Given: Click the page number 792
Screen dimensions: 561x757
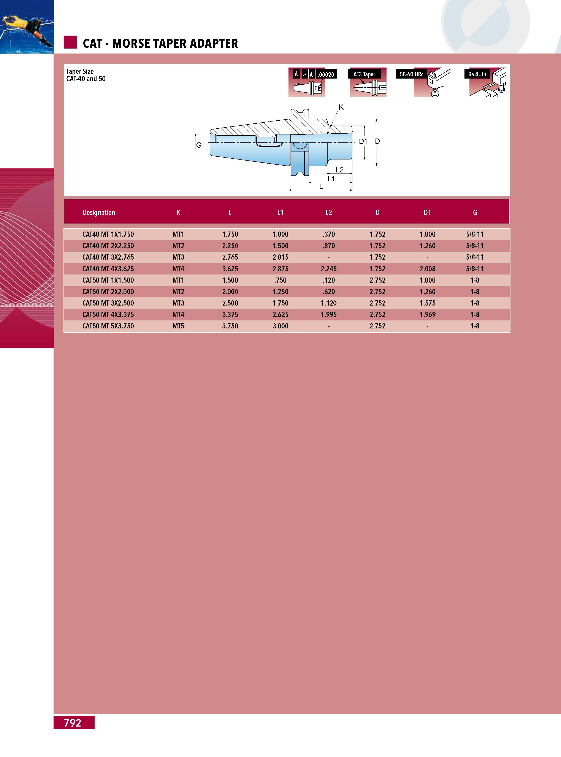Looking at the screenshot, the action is point(73,722).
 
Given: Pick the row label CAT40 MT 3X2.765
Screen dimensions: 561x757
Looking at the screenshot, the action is point(108,257).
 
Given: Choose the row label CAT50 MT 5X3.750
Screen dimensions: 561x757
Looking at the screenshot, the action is point(108,326).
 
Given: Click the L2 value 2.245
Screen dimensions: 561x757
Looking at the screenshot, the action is point(329,269).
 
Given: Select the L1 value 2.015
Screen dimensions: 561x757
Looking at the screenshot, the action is point(280,257).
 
